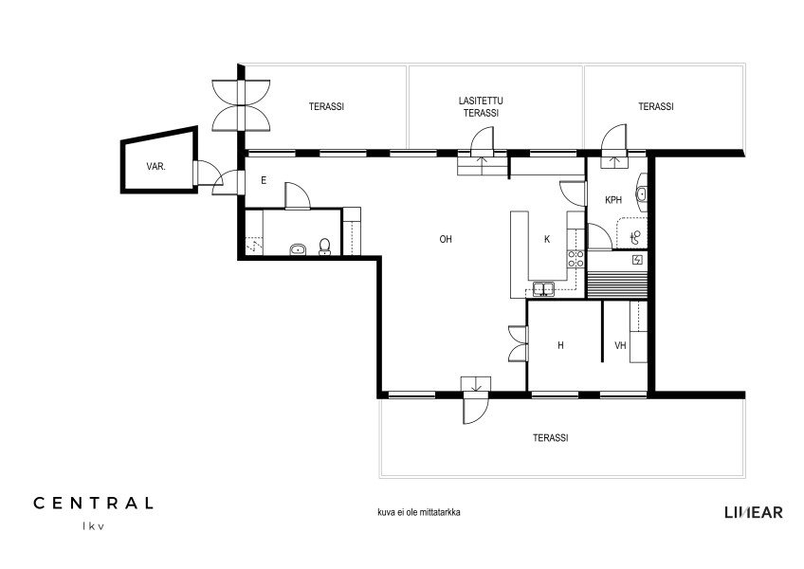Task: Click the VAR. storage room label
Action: click(155, 167)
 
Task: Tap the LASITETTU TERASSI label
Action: click(481, 107)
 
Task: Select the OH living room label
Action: click(446, 239)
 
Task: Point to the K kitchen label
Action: click(547, 239)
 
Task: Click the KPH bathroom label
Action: click(613, 200)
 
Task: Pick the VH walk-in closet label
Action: click(620, 346)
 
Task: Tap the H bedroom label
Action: click(560, 346)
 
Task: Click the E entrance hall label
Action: click(264, 180)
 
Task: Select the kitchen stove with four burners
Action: click(576, 259)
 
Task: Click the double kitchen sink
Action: click(543, 289)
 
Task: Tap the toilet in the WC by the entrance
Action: click(324, 247)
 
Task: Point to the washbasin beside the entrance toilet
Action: click(298, 249)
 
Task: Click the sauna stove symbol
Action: click(637, 260)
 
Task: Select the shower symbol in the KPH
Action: click(635, 237)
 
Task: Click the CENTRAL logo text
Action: click(93, 503)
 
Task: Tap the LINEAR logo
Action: click(754, 512)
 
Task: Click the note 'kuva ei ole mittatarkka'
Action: click(418, 512)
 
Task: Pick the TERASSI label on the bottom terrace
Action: click(551, 438)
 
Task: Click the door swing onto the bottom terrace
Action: click(476, 411)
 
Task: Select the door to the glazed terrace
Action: click(482, 140)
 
